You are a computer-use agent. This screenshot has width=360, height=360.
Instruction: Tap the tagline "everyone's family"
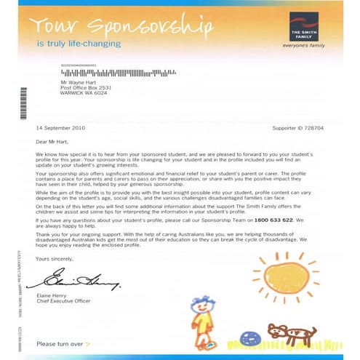[x=305, y=45]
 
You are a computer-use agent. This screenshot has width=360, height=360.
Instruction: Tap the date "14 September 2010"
[x=60, y=127]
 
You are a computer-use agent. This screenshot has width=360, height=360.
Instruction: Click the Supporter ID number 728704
[x=319, y=127]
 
